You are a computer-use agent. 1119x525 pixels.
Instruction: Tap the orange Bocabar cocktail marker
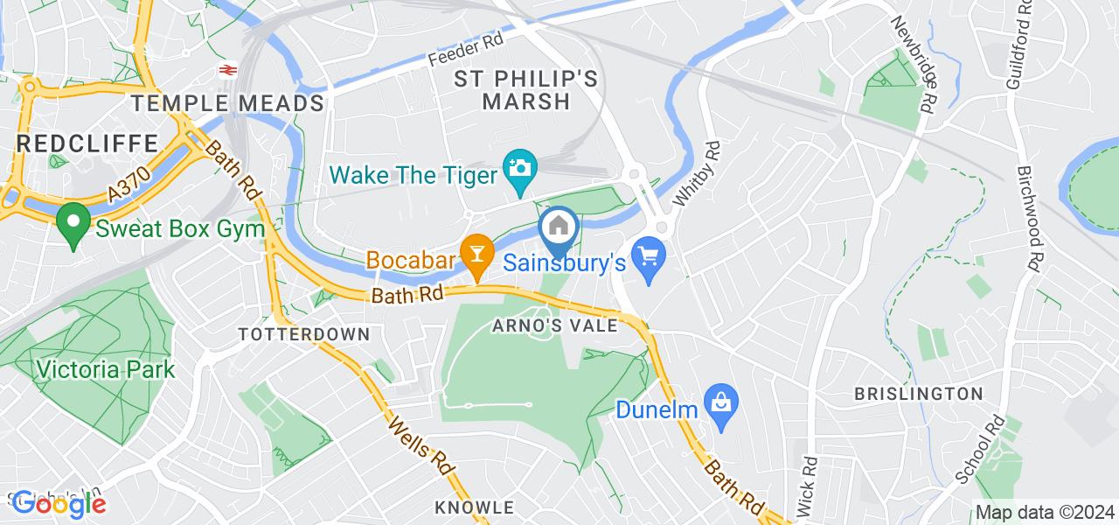coord(476,254)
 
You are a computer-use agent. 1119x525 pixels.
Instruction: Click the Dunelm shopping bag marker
coord(721,405)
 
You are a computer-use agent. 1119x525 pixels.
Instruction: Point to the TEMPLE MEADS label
coord(228,103)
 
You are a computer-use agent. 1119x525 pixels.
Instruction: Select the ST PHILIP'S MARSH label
coord(526,90)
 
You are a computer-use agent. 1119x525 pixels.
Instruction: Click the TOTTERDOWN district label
coord(304,334)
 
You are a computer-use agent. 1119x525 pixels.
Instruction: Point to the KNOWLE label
coord(475,507)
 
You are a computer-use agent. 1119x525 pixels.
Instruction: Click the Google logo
coord(59,503)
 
